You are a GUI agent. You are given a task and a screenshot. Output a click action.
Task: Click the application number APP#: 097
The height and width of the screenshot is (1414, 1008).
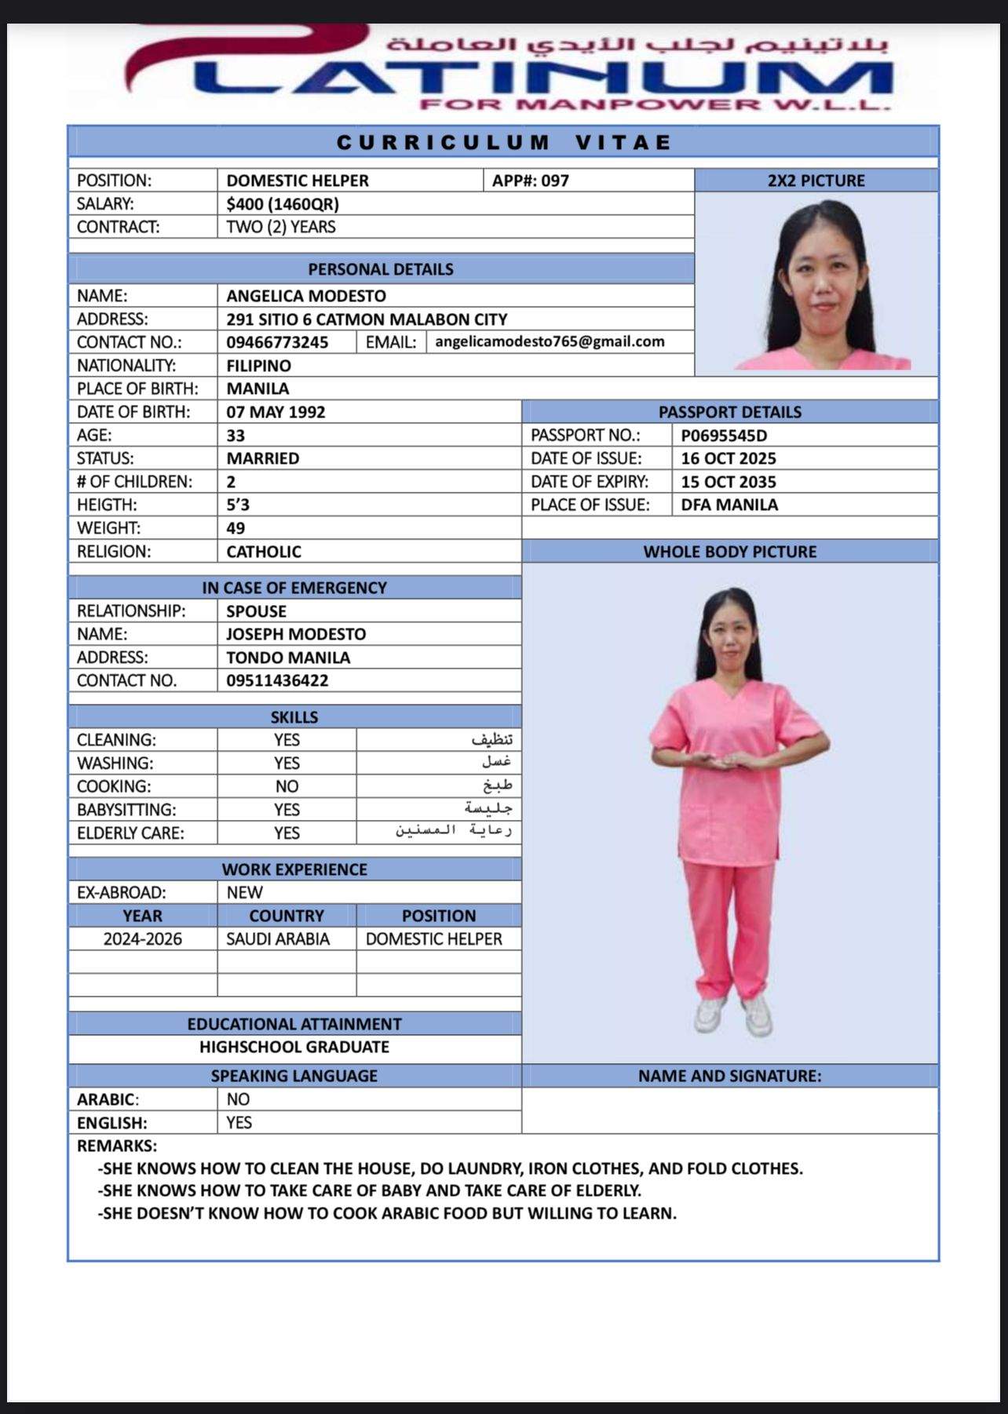[x=530, y=180]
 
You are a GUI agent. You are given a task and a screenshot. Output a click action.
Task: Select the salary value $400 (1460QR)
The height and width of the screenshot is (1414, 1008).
[x=283, y=204]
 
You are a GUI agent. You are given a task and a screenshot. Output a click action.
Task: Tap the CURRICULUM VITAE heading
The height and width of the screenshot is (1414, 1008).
[x=504, y=143]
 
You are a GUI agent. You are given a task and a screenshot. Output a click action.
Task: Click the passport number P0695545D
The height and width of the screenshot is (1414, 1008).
[x=724, y=435]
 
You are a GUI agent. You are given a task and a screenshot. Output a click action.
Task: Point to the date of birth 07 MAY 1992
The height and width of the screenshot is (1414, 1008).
[x=276, y=412]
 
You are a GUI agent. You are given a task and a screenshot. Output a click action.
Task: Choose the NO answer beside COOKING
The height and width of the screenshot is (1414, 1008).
[x=287, y=786]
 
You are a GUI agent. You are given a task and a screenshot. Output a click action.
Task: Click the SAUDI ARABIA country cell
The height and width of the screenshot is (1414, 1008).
[x=278, y=939]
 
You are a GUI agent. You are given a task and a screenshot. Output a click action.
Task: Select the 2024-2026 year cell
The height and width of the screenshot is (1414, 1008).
[x=143, y=939]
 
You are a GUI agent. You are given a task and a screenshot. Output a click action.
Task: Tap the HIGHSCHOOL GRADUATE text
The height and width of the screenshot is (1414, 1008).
[x=294, y=1047]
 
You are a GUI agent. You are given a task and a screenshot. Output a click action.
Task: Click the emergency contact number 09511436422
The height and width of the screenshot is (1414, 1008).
[x=277, y=680]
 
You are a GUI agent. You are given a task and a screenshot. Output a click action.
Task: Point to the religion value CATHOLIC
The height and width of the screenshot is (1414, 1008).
[x=264, y=552]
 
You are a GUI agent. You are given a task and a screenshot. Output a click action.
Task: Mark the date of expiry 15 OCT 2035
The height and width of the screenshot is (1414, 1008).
[x=729, y=482]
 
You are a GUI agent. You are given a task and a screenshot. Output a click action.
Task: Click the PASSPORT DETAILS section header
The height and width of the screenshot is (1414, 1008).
[x=730, y=412]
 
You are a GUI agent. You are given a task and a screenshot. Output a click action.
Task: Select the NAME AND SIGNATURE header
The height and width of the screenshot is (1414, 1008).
[x=730, y=1076]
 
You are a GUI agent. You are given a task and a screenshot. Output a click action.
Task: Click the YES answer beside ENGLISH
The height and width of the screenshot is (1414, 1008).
[x=239, y=1123]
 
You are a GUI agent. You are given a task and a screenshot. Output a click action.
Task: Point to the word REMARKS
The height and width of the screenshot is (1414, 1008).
[x=117, y=1146]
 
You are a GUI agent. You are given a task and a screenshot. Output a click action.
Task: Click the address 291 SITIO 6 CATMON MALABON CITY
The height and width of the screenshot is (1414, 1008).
[x=367, y=319]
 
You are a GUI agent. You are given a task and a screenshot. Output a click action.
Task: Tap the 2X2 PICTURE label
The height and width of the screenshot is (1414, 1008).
[x=816, y=180]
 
